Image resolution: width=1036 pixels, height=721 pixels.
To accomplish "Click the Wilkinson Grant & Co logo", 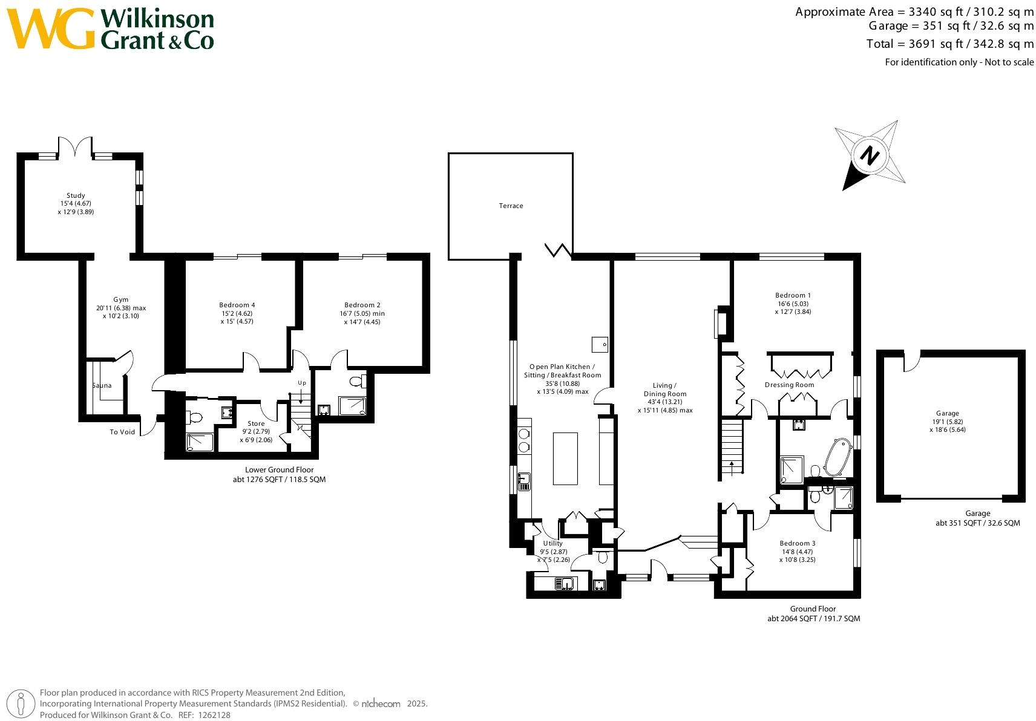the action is pyautogui.click(x=110, y=28).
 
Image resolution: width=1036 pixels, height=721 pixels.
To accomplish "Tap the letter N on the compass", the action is pyautogui.click(x=870, y=156).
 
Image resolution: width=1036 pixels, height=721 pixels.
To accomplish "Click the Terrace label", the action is pyautogui.click(x=511, y=206).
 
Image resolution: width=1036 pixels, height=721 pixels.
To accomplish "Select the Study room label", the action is pyautogui.click(x=76, y=195).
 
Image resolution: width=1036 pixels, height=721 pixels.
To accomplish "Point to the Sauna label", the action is pyautogui.click(x=102, y=385).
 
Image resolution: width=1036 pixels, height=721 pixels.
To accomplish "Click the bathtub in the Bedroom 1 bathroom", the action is pyautogui.click(x=838, y=457).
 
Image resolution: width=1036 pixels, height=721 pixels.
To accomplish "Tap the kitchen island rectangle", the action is pyautogui.click(x=565, y=458).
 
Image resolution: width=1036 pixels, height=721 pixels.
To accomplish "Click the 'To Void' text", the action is pyautogui.click(x=122, y=432).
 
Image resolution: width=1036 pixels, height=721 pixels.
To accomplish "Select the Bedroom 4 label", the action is pyautogui.click(x=237, y=305).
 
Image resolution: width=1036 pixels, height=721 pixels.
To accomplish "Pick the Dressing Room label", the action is pyautogui.click(x=790, y=385).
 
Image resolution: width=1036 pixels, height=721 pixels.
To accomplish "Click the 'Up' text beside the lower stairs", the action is pyautogui.click(x=302, y=383).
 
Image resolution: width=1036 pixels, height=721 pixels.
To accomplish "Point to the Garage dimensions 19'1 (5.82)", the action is pyautogui.click(x=948, y=422).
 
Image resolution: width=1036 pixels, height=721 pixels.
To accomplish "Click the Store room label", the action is pyautogui.click(x=256, y=423).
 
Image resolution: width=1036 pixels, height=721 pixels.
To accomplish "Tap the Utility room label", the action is pyautogui.click(x=552, y=544).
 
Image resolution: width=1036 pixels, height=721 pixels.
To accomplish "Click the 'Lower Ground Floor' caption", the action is pyautogui.click(x=280, y=469).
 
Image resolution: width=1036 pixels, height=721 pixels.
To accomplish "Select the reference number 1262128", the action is pyautogui.click(x=214, y=715).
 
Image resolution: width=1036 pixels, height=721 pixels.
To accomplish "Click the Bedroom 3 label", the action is pyautogui.click(x=798, y=544).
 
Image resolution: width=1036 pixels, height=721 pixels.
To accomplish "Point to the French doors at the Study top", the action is pyautogui.click(x=75, y=146).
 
